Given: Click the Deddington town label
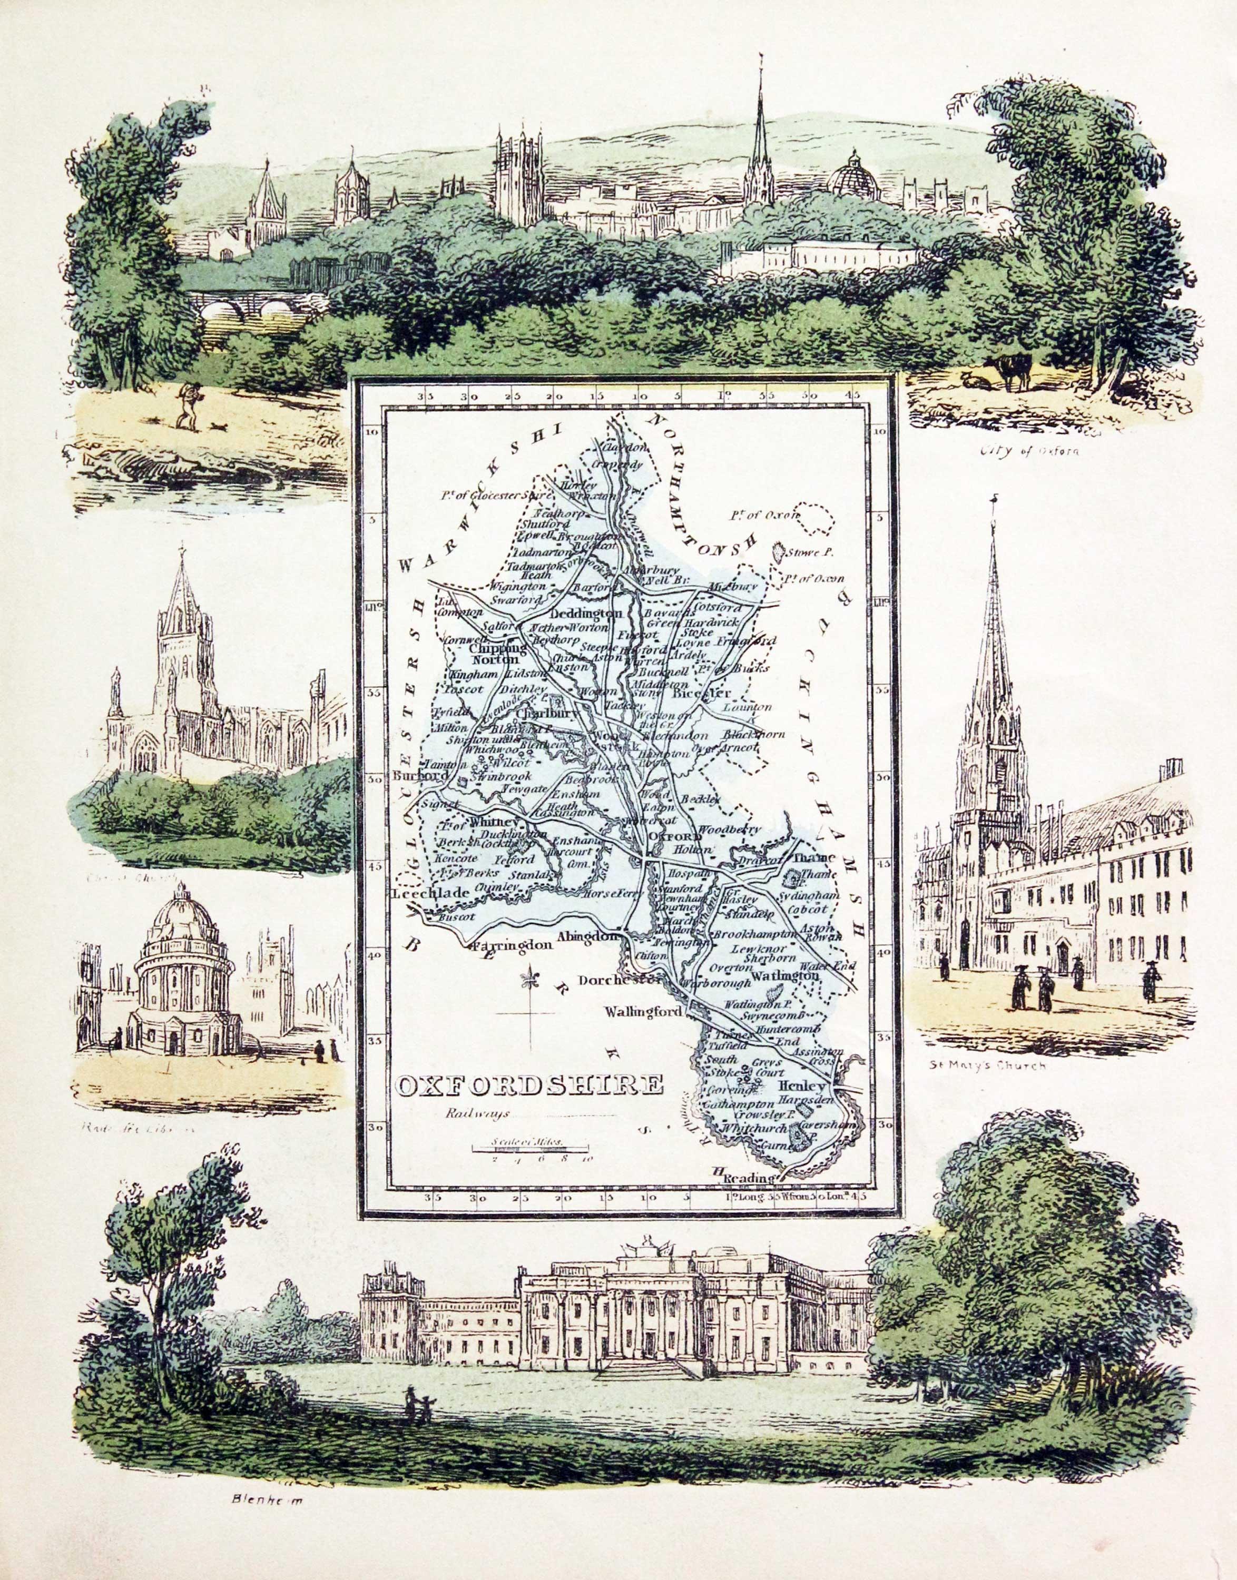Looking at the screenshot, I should pyautogui.click(x=591, y=614).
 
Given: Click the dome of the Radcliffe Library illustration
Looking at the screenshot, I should pyautogui.click(x=185, y=914).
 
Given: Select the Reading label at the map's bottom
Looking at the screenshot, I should pyautogui.click(x=746, y=1179).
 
